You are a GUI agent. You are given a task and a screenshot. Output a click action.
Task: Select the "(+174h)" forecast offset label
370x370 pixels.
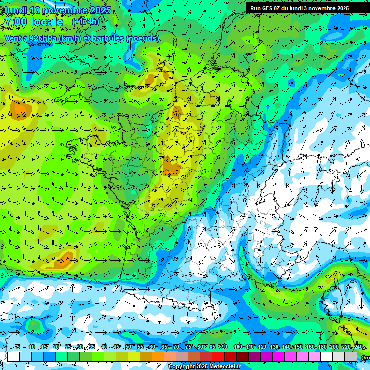click(x=85, y=22)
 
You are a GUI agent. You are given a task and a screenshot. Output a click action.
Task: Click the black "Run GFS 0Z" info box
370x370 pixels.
click(x=299, y=8)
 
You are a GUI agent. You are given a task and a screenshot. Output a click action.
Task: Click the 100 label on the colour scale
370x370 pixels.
click(x=238, y=347)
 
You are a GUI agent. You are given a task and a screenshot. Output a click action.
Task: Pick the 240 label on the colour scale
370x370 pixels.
click(x=358, y=347)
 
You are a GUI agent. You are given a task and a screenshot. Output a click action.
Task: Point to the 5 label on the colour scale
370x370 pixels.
click(x=18, y=347)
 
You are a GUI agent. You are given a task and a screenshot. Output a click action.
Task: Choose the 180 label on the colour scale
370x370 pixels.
click(x=322, y=347)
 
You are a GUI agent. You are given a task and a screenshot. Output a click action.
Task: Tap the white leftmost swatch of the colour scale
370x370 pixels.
click(x=13, y=357)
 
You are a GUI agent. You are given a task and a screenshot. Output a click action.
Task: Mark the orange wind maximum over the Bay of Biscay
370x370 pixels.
click(x=62, y=262)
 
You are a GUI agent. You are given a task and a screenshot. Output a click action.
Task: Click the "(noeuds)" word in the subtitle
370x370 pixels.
click(x=142, y=39)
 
